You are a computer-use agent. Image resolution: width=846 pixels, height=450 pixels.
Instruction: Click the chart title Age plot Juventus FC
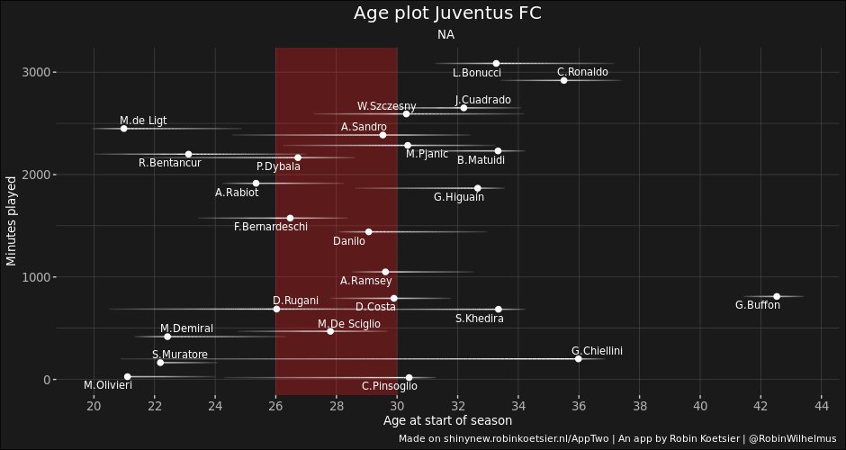(x=447, y=13)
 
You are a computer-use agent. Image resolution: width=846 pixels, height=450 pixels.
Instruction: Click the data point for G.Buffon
(x=777, y=296)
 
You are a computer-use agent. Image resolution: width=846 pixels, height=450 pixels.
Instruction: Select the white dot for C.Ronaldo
(x=564, y=80)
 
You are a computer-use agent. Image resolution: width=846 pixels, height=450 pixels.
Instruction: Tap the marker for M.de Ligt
(x=123, y=129)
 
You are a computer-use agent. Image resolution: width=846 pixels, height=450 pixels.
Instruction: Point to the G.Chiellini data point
(x=578, y=358)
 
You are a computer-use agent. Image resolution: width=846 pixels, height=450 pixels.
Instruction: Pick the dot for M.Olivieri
(x=127, y=376)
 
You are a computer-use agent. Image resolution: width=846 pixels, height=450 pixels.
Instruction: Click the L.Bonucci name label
(x=477, y=73)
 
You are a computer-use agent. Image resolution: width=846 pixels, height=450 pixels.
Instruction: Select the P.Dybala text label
(x=278, y=166)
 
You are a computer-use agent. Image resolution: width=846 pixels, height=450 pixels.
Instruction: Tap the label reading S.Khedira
(x=479, y=319)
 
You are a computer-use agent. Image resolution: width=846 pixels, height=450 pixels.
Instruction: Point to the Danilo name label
(x=349, y=241)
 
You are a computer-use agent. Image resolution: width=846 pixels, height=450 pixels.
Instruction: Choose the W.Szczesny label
(x=386, y=106)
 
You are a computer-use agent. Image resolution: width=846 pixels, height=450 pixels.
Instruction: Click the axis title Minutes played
(x=12, y=221)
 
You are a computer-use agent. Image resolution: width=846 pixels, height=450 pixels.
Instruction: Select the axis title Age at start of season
(x=447, y=420)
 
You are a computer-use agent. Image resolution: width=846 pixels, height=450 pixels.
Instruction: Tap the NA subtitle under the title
(x=446, y=35)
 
